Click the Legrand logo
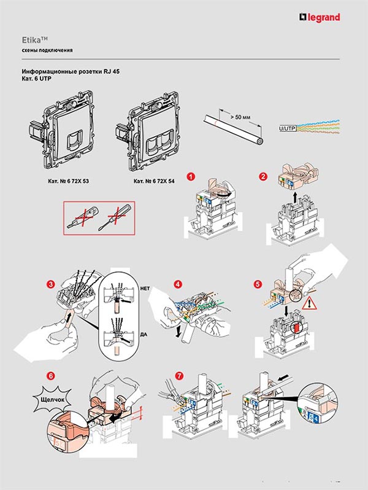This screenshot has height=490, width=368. [319, 17]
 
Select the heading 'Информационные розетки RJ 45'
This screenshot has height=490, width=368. [71, 72]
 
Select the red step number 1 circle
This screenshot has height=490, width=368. [191, 177]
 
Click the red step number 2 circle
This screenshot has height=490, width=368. [264, 177]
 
